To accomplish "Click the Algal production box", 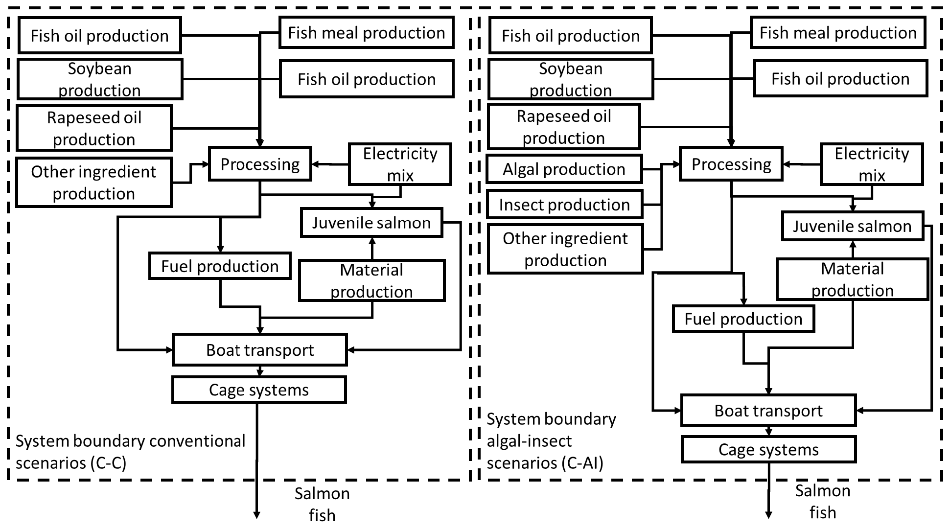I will [x=564, y=169].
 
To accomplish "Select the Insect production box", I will [x=564, y=205].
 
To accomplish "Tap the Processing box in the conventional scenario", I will [x=260, y=164].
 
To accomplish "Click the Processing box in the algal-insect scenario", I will [x=731, y=164].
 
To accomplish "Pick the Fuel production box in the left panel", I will [x=220, y=266].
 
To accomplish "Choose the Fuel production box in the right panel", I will [x=743, y=319].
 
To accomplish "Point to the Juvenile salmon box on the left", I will [x=371, y=223].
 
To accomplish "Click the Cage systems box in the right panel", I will [x=768, y=449].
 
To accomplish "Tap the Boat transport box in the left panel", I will [x=259, y=350].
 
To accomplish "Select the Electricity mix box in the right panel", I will [x=871, y=164].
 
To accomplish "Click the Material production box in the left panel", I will [x=371, y=280].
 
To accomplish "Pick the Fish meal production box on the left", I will [x=366, y=33].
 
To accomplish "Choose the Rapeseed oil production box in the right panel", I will [x=563, y=127].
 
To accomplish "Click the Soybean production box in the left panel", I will [x=99, y=79].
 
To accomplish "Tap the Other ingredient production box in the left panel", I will [x=93, y=183].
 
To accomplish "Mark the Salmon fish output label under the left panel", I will [x=322, y=504].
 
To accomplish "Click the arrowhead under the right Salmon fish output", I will [x=768, y=515].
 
